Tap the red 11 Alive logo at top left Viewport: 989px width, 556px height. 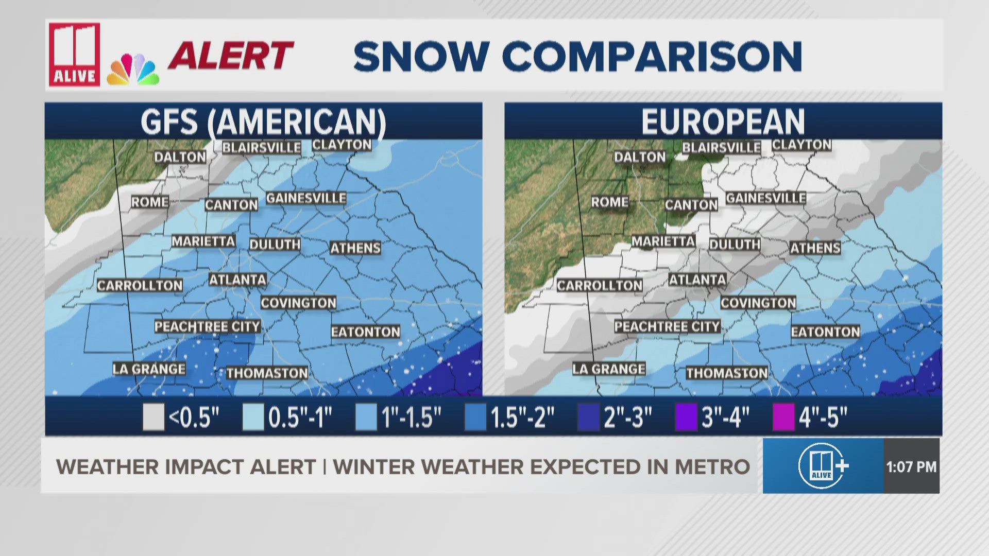[74, 54]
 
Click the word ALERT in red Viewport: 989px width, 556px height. [231, 56]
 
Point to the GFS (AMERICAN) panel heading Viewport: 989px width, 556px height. [263, 121]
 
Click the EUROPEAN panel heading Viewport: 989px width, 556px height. [723, 121]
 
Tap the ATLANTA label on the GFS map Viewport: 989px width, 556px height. [237, 280]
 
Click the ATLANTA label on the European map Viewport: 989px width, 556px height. [697, 280]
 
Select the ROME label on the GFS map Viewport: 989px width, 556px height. [149, 202]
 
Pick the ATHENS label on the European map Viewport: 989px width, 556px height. [815, 248]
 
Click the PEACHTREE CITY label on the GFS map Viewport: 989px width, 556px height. [207, 326]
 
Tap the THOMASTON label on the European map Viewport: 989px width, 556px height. [726, 373]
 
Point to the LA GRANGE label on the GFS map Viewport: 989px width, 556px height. [149, 369]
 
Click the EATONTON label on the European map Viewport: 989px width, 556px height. [825, 332]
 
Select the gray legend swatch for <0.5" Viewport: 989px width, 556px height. [153, 416]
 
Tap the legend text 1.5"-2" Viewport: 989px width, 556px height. [522, 416]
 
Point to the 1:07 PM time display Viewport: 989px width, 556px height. [911, 467]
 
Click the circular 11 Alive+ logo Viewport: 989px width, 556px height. [822, 466]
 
